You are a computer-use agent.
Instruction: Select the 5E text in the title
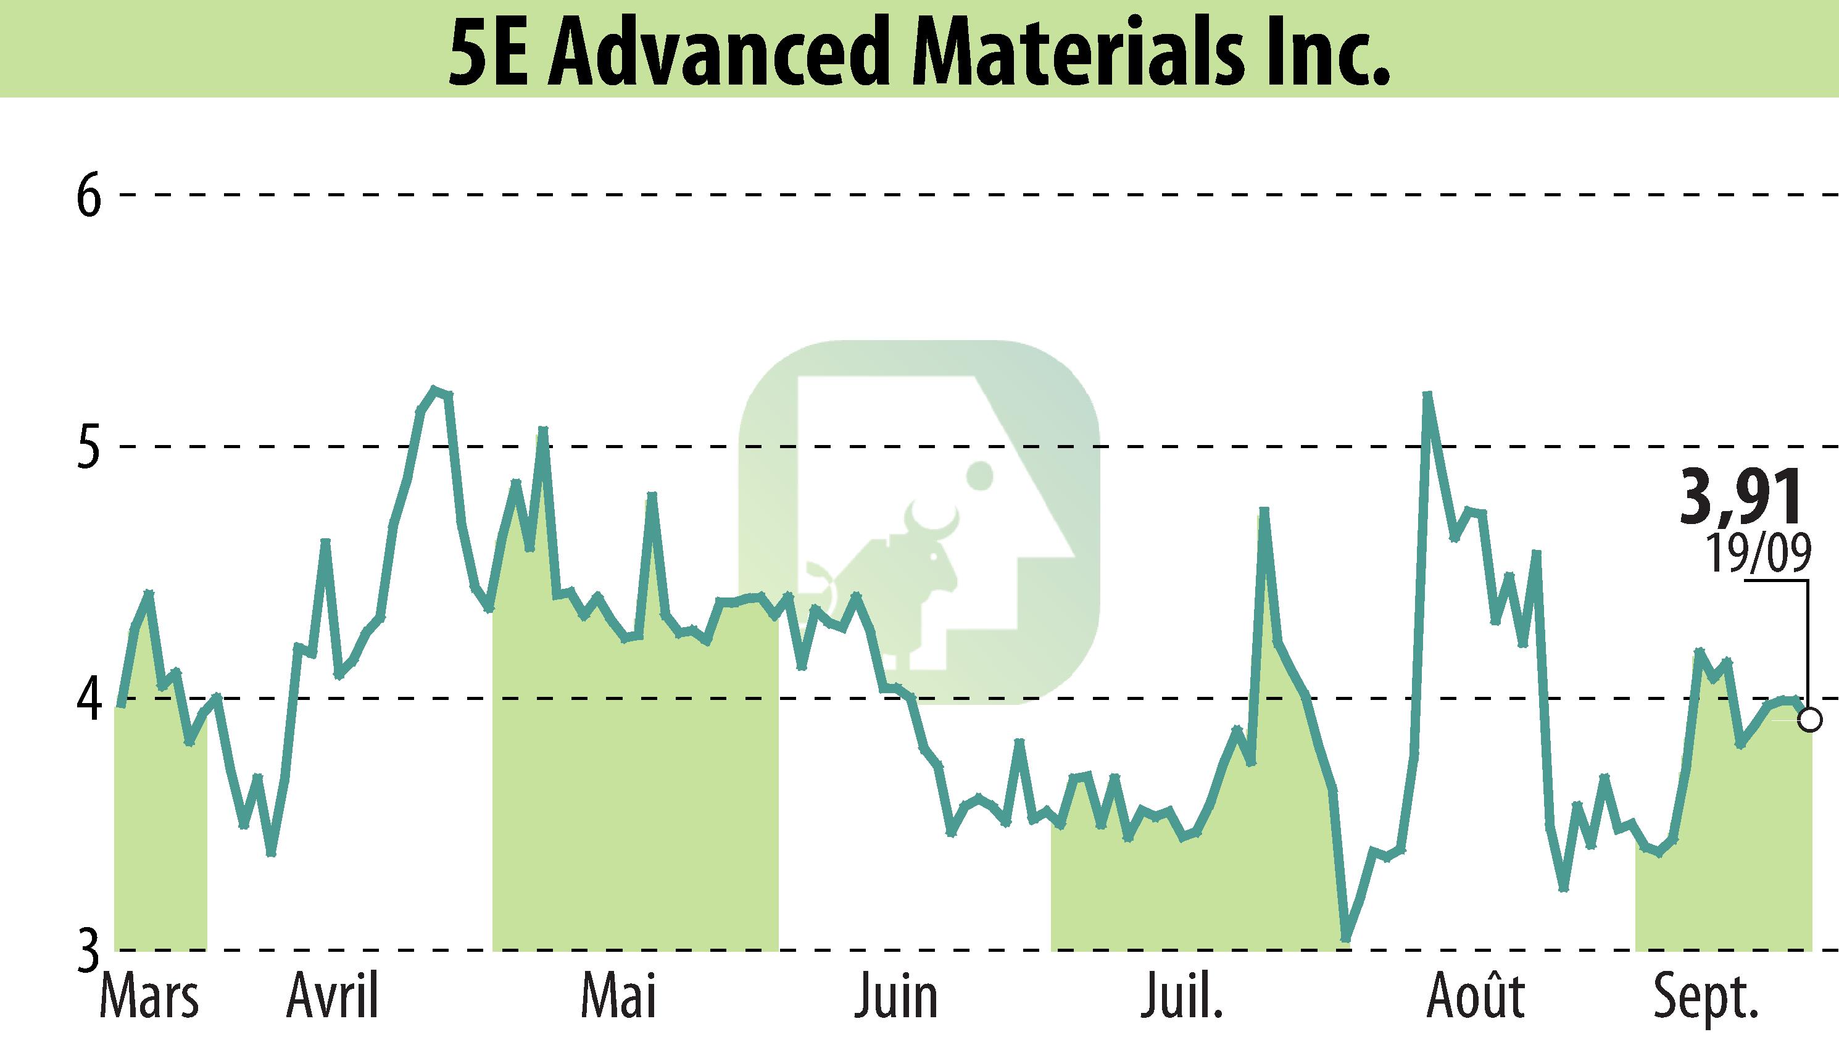pos(490,52)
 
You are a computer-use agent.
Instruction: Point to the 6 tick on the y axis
pos(88,195)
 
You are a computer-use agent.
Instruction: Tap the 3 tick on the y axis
pos(88,952)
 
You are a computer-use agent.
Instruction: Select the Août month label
pos(1476,996)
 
